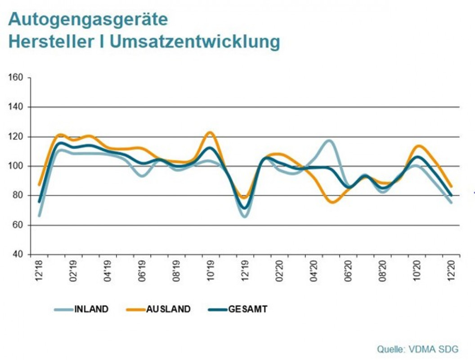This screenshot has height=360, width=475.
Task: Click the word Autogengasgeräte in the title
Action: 88,19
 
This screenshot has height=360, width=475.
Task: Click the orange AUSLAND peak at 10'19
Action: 210,132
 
